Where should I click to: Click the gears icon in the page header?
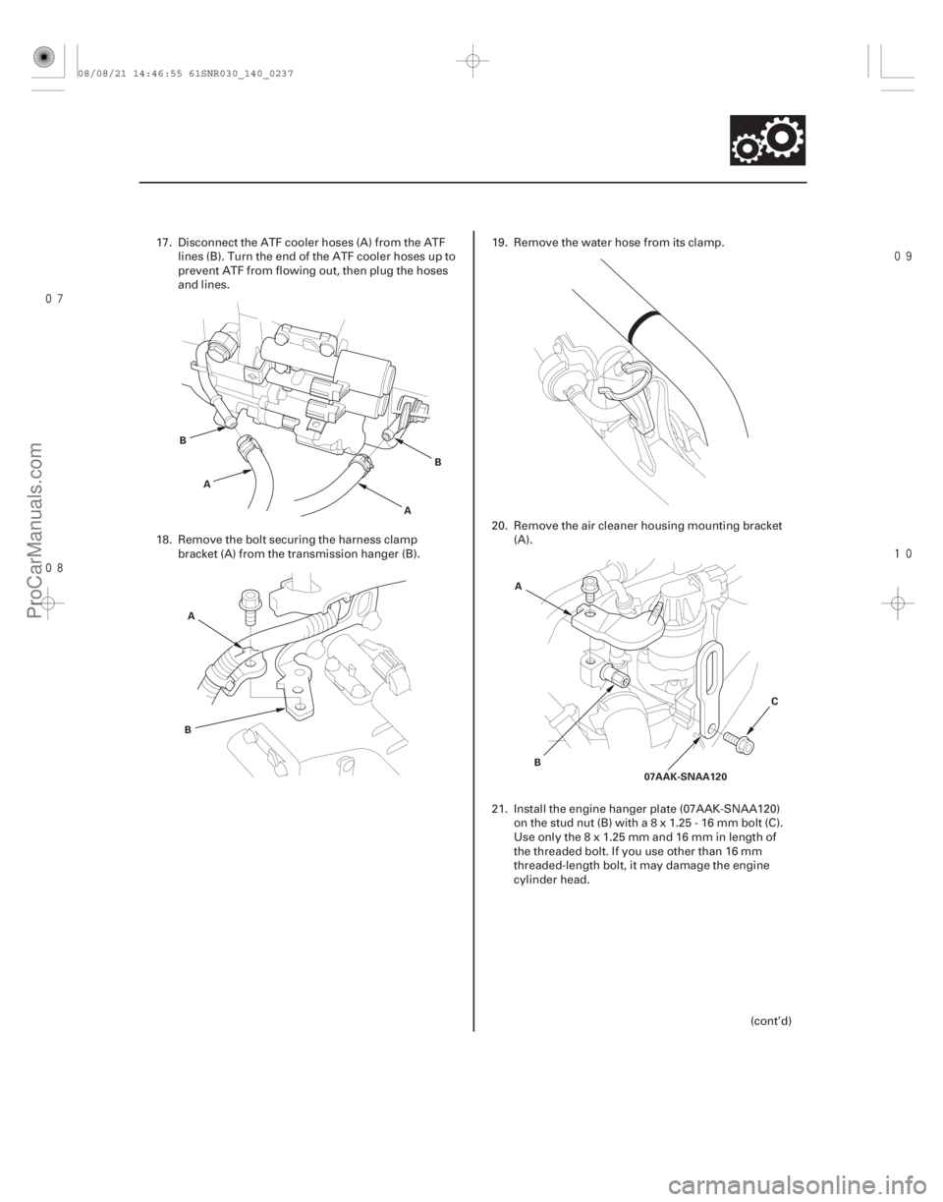point(767,140)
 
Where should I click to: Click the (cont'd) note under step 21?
point(775,1019)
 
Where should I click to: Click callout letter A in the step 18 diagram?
point(189,615)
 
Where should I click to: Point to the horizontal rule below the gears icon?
point(471,183)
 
